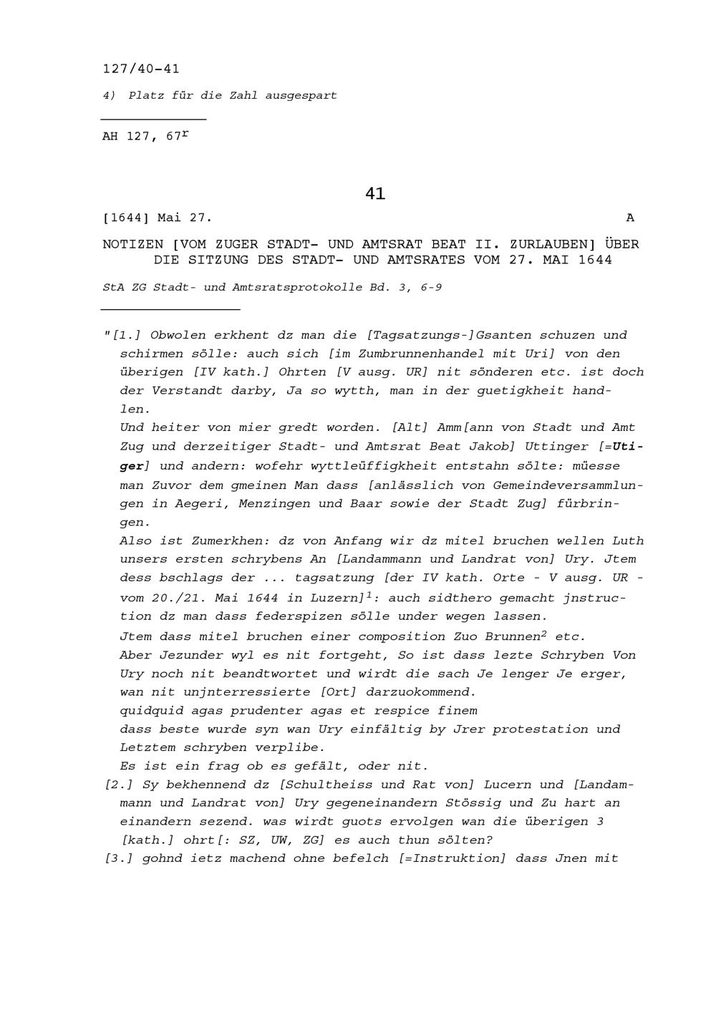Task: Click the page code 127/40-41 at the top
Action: coord(141,69)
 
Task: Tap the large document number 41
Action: coord(375,193)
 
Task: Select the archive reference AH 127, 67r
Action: coord(145,135)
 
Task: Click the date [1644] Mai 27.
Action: coord(158,218)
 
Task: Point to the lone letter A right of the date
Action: coord(630,218)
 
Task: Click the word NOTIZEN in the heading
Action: coord(132,245)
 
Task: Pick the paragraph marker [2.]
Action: coord(120,785)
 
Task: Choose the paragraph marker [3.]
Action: coord(120,858)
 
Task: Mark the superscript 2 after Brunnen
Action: coord(544,633)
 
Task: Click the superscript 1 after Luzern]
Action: coord(369,593)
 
